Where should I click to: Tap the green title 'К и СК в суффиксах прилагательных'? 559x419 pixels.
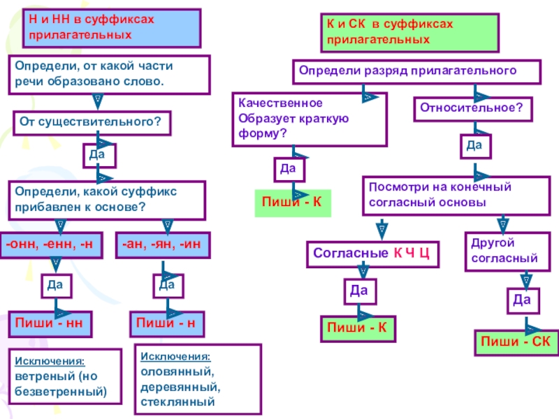click(x=409, y=32)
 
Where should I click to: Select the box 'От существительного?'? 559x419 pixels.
click(x=92, y=122)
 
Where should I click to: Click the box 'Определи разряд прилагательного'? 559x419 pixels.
click(x=416, y=72)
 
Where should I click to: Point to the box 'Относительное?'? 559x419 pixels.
click(x=472, y=110)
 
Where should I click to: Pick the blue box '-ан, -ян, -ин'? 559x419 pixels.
click(x=162, y=244)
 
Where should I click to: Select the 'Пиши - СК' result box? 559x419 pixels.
click(x=516, y=341)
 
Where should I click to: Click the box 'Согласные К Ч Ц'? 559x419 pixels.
click(x=372, y=254)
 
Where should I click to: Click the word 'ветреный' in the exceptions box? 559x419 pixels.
click(x=39, y=376)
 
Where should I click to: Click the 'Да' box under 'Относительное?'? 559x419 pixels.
click(x=474, y=145)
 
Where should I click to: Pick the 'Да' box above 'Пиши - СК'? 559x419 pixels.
click(x=521, y=300)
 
